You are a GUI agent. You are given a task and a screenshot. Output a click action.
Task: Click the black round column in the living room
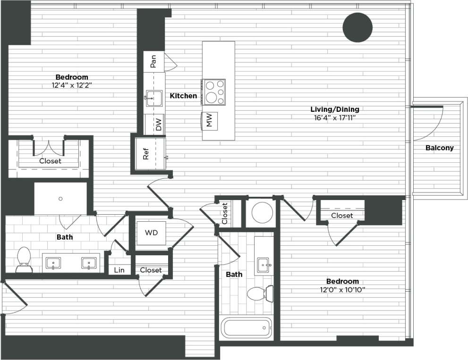(x=357, y=27)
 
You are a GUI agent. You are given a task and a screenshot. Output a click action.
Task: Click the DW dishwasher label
(x=158, y=125)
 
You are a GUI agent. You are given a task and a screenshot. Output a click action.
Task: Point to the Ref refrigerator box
(x=146, y=154)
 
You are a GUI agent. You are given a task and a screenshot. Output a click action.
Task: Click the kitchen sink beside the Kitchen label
(x=153, y=99)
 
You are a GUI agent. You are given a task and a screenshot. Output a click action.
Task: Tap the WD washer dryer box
(x=151, y=233)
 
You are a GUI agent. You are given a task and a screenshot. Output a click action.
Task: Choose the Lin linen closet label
(x=119, y=270)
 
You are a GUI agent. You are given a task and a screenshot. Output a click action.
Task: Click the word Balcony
(x=439, y=148)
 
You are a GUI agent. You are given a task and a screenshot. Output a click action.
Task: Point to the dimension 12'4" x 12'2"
(x=72, y=85)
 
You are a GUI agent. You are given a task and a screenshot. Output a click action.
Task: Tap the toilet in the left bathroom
(x=23, y=260)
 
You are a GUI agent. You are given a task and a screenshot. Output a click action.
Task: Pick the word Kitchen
(x=183, y=96)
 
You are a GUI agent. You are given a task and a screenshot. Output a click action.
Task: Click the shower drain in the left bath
(x=60, y=199)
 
